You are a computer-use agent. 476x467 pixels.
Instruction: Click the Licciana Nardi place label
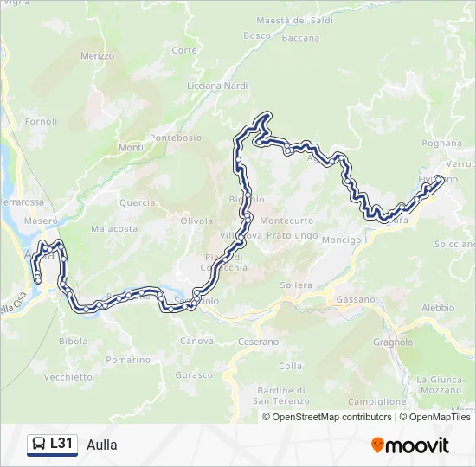(x=217, y=86)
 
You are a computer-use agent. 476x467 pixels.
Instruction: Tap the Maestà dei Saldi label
(x=295, y=20)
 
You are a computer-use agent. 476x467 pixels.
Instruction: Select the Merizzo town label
(x=98, y=55)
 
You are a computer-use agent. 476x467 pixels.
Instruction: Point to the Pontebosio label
(x=176, y=138)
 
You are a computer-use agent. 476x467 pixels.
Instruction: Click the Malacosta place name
(x=114, y=229)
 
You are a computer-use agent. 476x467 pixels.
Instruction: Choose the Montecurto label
(x=286, y=221)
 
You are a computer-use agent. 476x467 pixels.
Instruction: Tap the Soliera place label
(x=296, y=285)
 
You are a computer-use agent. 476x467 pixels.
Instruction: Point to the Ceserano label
(x=258, y=342)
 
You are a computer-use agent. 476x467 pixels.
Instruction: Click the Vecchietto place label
(x=68, y=377)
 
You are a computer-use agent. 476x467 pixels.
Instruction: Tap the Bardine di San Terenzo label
(x=277, y=395)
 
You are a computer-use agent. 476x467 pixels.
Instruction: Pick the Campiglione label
(x=376, y=401)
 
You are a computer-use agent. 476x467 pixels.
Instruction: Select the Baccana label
(x=300, y=38)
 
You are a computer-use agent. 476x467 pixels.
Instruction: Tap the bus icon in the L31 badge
(x=39, y=445)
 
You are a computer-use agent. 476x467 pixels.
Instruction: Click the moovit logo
(x=410, y=445)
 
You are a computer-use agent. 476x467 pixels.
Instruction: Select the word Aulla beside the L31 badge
(x=102, y=445)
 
